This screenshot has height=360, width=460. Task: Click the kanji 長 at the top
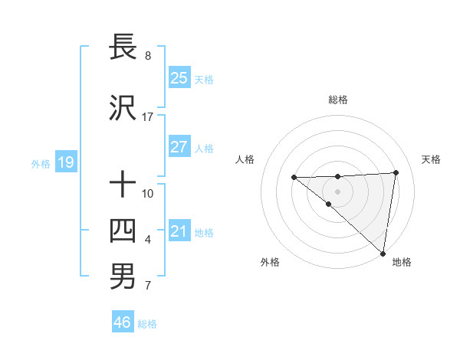coord(123,47)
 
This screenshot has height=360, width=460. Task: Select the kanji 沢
coord(123,108)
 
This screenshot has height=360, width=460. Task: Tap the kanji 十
coord(123,185)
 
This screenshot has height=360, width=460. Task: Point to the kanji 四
coord(123,231)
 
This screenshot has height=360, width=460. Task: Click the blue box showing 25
coord(179,77)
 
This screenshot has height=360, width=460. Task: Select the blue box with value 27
coord(179,147)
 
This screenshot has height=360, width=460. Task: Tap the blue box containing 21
coord(179,231)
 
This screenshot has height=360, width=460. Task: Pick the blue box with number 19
coord(65,162)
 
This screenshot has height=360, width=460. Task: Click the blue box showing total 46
coord(123,322)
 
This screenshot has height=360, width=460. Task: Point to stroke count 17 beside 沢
coord(148,117)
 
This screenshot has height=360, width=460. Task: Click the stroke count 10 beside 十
coord(148,193)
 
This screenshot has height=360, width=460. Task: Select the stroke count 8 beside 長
coord(148,56)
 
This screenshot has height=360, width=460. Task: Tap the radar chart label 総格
coord(338,100)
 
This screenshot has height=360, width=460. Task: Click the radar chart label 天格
coord(431,159)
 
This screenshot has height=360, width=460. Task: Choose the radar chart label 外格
coord(270,263)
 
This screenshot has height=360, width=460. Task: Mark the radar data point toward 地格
coord(382,253)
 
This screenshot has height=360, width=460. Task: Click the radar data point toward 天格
coord(396,172)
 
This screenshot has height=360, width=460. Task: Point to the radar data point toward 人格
coord(294,178)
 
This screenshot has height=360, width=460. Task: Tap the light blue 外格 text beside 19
coord(40,163)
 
